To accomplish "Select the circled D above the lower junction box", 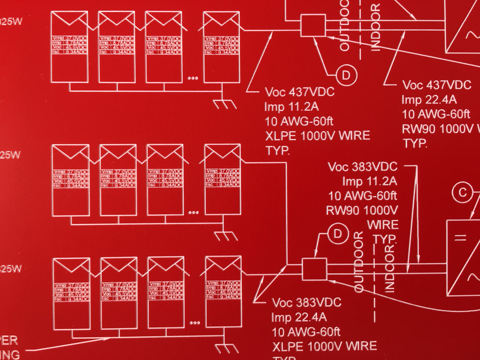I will [x=338, y=234].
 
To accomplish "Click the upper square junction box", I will [x=313, y=26].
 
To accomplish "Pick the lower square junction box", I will [x=314, y=269].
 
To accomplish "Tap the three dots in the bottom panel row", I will [x=195, y=323].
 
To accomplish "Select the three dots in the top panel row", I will [x=193, y=78].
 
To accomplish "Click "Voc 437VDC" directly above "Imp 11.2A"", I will [x=300, y=92].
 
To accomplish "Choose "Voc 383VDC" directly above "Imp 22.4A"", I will [x=307, y=303].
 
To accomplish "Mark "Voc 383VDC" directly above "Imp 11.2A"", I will [x=363, y=167].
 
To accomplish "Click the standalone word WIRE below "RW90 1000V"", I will [x=382, y=225].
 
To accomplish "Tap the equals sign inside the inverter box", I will [x=460, y=237].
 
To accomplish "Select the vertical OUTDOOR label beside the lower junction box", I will [x=359, y=262].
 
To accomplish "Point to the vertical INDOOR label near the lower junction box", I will [x=389, y=269].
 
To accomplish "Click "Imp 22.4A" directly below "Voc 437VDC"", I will [x=429, y=100].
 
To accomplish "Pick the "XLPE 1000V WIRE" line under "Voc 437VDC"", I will [x=317, y=136].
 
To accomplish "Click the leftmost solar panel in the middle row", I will [x=71, y=180].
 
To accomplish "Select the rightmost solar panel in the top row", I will [x=222, y=47].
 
